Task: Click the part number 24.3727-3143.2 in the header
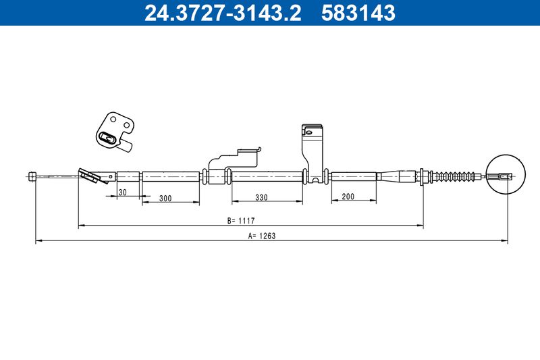click(223, 13)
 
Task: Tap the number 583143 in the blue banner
click(358, 13)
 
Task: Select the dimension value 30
click(122, 192)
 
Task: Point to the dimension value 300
click(165, 198)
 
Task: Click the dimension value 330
click(261, 197)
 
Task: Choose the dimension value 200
click(348, 197)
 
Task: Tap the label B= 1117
click(241, 221)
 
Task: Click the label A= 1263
click(262, 236)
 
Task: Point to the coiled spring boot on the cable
click(454, 176)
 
